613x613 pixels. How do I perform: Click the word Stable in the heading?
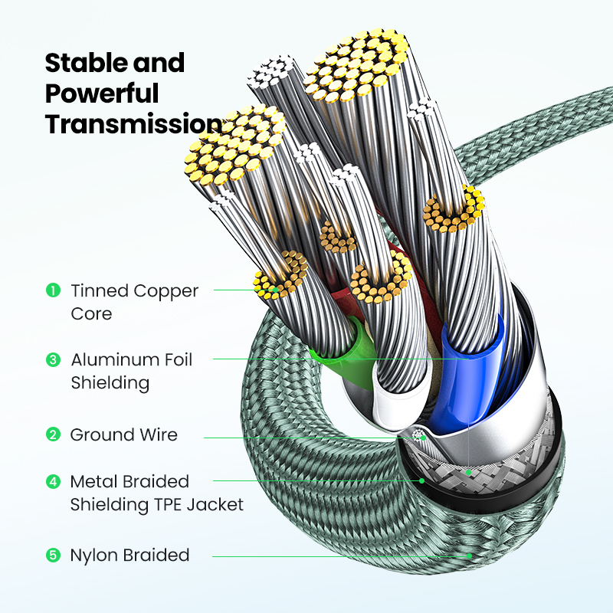point(86,63)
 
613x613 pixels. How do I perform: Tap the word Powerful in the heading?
point(102,93)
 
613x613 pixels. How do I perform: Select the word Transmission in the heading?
point(133,123)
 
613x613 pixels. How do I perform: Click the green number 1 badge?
point(53,290)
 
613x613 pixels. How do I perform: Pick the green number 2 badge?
point(53,434)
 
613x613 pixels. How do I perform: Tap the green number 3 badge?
point(53,359)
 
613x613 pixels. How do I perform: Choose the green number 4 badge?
point(53,482)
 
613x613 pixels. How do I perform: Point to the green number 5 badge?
point(53,555)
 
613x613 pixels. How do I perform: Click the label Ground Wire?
point(124,434)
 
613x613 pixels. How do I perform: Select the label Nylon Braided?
point(129,555)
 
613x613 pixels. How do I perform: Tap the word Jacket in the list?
point(215,504)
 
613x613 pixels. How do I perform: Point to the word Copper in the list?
point(166,292)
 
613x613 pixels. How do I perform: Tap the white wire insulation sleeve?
point(398,403)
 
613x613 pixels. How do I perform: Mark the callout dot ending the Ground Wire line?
point(424,438)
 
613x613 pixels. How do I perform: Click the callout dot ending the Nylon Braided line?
point(469,556)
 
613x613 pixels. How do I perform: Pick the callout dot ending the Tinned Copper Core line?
point(276,290)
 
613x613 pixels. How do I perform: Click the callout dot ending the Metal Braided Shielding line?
point(422,480)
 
